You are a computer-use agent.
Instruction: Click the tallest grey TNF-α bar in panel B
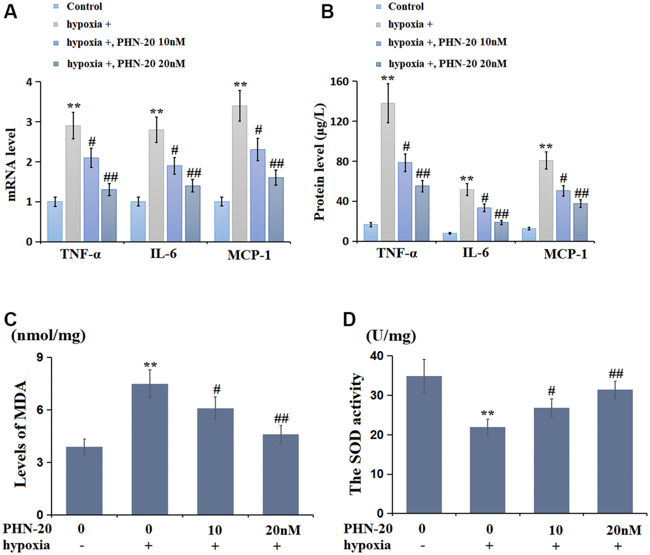coord(387,172)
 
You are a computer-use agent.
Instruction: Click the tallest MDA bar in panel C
coord(150,449)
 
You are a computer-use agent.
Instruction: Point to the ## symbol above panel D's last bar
coord(616,374)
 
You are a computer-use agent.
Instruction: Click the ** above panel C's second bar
coord(150,366)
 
